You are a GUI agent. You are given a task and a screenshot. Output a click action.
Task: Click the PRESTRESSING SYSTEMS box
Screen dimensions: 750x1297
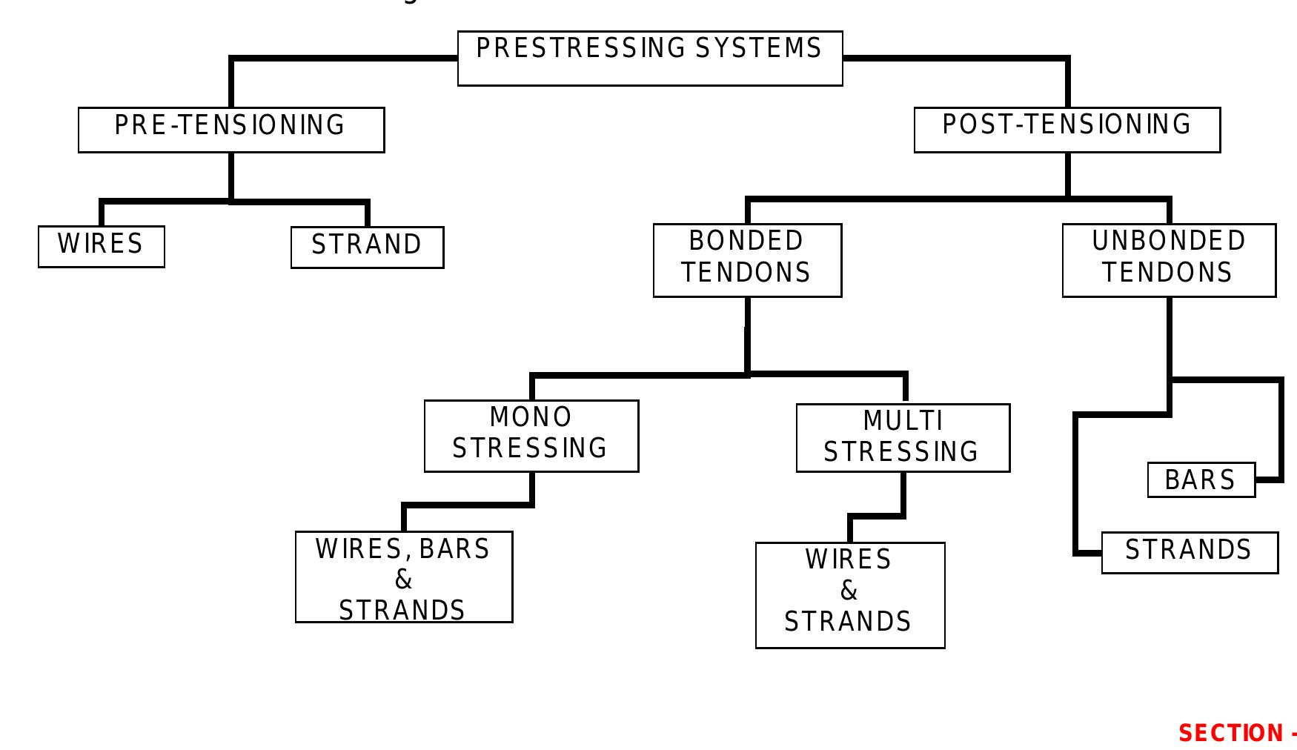point(649,58)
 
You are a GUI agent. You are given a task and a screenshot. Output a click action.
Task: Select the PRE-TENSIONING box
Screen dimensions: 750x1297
point(230,130)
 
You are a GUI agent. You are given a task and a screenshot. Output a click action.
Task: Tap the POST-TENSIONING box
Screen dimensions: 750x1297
point(1067,130)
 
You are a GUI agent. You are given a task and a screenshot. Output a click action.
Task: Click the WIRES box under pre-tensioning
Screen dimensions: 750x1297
point(101,246)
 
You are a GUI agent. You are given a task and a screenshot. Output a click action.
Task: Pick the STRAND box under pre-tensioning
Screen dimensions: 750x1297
point(367,247)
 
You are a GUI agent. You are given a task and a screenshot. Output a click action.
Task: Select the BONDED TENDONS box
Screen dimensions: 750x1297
point(747,259)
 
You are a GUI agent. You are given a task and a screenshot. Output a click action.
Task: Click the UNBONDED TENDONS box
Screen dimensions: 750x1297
point(1169,259)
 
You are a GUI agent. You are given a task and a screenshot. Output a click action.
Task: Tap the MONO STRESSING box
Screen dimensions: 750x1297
point(531,436)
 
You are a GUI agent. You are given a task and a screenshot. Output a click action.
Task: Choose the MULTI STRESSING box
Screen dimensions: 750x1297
point(903,437)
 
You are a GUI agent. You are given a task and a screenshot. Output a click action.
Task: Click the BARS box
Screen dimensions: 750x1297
point(1201,479)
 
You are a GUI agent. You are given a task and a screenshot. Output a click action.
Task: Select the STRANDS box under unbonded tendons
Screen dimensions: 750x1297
point(1190,552)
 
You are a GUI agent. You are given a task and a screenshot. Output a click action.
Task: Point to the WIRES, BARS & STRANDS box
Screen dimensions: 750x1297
point(403,577)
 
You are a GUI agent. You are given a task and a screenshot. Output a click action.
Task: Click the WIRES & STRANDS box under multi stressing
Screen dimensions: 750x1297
point(849,595)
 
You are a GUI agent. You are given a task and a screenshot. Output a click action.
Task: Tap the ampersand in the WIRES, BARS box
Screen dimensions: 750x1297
point(403,579)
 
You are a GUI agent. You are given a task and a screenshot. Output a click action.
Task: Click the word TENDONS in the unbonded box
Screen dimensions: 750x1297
point(1167,273)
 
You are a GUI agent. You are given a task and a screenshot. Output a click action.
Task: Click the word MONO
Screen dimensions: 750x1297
point(531,417)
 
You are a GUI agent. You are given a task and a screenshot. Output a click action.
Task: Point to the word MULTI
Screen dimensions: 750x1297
point(903,421)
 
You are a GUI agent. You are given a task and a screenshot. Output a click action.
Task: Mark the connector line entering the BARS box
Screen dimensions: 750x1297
point(1269,479)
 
